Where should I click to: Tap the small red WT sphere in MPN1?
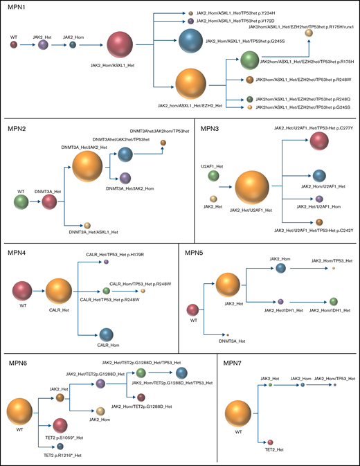[14, 44]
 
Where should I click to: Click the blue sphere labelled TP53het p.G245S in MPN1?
[190, 40]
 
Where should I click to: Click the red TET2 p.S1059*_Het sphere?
[60, 425]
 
